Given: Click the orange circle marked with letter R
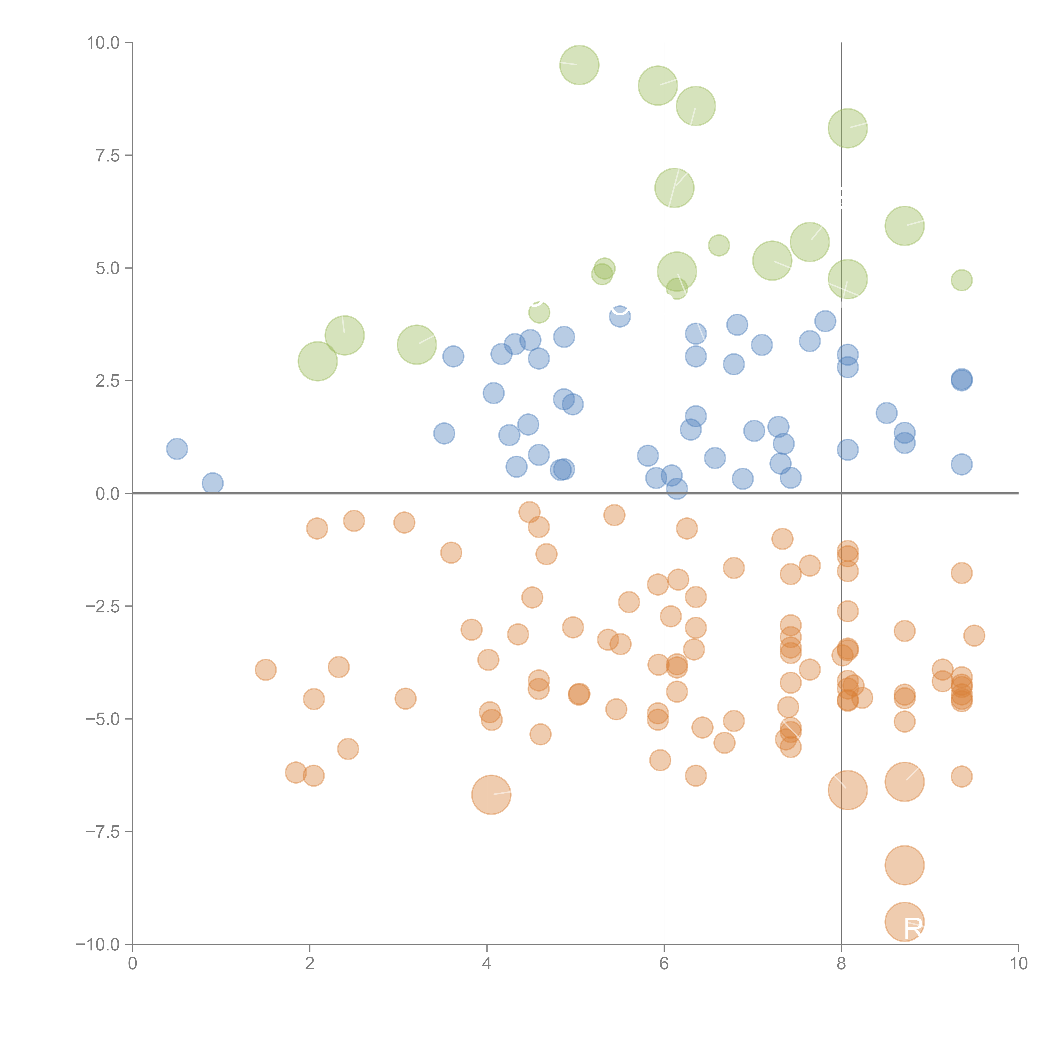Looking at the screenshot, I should click(x=904, y=922).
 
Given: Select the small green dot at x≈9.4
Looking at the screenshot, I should click(x=961, y=280).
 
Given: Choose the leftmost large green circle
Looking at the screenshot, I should click(x=317, y=361).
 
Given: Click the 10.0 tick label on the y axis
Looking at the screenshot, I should click(x=103, y=43).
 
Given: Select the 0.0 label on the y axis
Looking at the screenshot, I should click(x=108, y=494).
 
